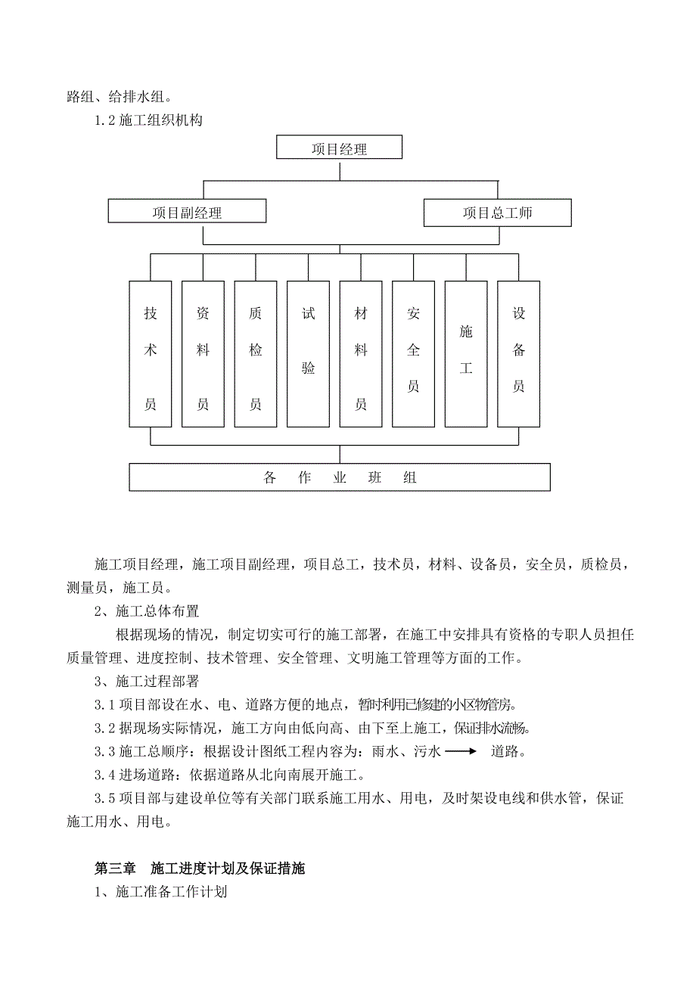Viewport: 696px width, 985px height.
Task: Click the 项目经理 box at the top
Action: [x=339, y=148]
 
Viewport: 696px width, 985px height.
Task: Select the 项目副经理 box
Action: [x=187, y=212]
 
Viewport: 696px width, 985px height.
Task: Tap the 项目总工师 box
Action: [x=497, y=213]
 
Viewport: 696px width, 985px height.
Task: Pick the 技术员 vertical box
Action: [x=151, y=354]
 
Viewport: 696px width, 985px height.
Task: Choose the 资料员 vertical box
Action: [x=203, y=354]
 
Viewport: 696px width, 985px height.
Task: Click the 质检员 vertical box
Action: [x=256, y=354]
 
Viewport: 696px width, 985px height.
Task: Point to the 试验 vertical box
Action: [x=308, y=354]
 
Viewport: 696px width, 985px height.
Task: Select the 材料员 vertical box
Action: [x=361, y=354]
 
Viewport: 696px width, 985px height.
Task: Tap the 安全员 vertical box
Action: [x=413, y=354]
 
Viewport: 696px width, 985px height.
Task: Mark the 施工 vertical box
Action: [x=466, y=354]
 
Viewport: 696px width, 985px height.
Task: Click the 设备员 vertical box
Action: [x=518, y=354]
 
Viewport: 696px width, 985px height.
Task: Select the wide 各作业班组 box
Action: [x=340, y=477]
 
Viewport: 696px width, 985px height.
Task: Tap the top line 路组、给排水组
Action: [x=120, y=96]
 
